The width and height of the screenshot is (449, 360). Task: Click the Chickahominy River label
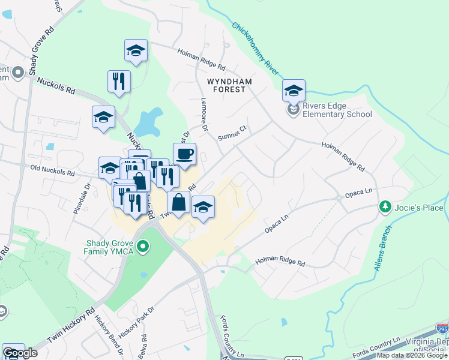(x=256, y=47)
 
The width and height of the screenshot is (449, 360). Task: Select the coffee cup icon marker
(x=184, y=154)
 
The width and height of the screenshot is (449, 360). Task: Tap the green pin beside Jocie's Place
(x=385, y=208)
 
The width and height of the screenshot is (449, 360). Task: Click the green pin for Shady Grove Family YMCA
(x=143, y=246)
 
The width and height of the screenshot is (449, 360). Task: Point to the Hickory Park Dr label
(x=136, y=322)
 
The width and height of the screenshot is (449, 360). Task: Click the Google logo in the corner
(x=20, y=353)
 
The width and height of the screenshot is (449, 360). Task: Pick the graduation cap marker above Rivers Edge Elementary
(x=294, y=91)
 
